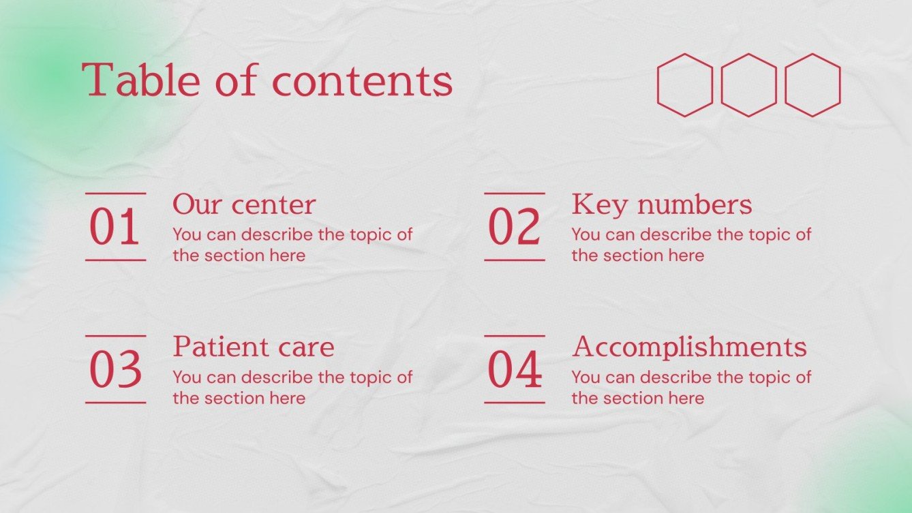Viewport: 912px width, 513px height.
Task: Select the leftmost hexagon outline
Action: (684, 85)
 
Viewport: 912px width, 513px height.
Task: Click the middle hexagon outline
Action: (748, 85)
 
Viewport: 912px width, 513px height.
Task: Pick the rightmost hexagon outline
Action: (812, 85)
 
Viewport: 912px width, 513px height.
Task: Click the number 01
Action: (115, 228)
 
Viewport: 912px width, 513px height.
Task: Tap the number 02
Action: (514, 228)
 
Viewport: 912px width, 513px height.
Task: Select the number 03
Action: (115, 370)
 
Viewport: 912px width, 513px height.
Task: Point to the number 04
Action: (515, 370)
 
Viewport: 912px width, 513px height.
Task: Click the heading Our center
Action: (244, 204)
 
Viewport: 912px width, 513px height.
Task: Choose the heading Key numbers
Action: (661, 204)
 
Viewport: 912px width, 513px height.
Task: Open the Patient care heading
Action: (253, 347)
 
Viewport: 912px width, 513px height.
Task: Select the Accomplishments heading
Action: (689, 347)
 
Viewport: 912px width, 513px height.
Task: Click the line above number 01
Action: (115, 193)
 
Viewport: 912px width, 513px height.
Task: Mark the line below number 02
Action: (515, 260)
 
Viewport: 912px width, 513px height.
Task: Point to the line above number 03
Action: (115, 336)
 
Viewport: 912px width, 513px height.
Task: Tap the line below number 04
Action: (515, 403)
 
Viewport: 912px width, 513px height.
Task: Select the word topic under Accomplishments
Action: (770, 377)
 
